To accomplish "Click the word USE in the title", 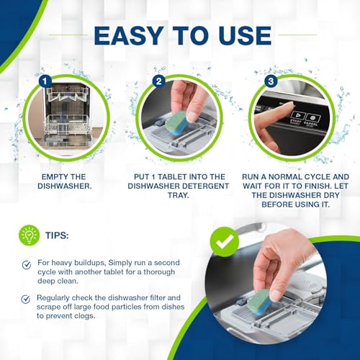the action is point(245,35).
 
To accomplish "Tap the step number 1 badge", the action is point(45,81).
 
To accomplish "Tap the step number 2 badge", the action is point(158,81).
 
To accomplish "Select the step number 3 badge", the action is point(271,81).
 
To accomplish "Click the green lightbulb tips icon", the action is point(29,235).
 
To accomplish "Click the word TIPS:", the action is point(57,235).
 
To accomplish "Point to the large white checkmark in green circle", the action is point(225,241).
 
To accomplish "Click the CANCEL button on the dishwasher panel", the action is point(312,120).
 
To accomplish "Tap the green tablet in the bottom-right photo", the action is point(261,302).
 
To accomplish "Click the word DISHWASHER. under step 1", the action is point(65,186).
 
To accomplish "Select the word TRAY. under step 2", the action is point(178,195).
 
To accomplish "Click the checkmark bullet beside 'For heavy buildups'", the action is point(26,265).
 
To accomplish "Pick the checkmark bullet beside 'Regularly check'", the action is point(26,299).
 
